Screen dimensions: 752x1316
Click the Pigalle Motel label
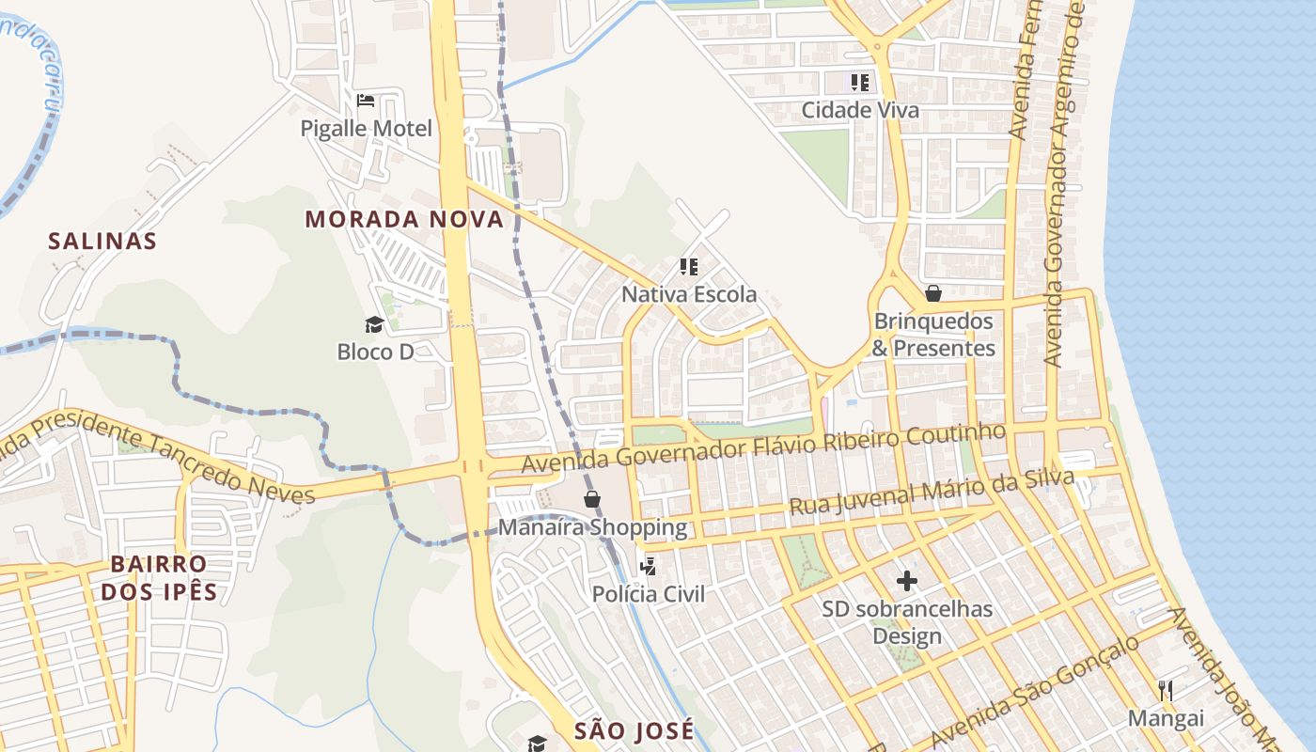click(x=367, y=128)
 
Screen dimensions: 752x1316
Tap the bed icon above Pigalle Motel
click(x=366, y=100)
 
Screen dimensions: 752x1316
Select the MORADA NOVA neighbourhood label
click(x=404, y=220)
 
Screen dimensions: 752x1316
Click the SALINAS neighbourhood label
click(x=102, y=241)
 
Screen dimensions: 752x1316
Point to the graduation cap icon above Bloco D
click(x=375, y=325)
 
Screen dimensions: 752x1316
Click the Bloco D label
click(x=375, y=352)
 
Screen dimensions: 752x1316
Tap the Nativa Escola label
click(x=689, y=294)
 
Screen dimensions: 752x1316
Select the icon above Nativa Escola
click(x=689, y=267)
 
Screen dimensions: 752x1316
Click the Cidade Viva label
click(x=860, y=110)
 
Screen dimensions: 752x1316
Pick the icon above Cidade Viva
click(x=860, y=83)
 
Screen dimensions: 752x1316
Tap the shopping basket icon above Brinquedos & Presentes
click(x=933, y=293)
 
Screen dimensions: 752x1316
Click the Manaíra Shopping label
click(x=592, y=526)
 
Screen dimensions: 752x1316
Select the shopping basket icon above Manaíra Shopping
click(x=592, y=499)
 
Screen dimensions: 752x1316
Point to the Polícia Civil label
click(x=648, y=593)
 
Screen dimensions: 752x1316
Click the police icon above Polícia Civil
click(x=648, y=566)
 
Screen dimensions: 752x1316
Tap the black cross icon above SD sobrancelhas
click(x=907, y=581)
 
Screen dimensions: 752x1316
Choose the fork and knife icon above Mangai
click(x=1166, y=691)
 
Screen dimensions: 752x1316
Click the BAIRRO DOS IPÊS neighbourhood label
click(x=159, y=578)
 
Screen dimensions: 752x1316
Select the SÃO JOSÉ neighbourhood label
click(x=634, y=730)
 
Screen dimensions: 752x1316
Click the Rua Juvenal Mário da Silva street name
click(x=931, y=493)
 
